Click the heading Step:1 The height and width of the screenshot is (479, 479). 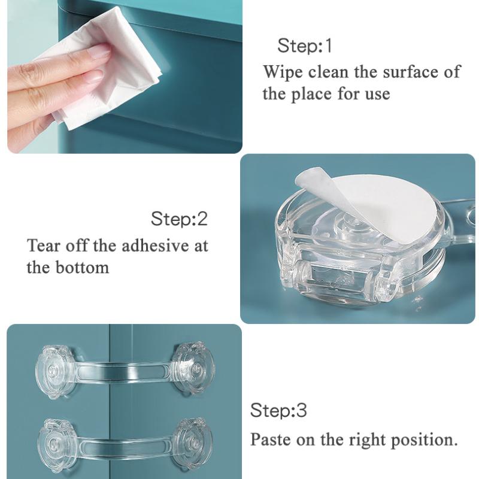[304, 46]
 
